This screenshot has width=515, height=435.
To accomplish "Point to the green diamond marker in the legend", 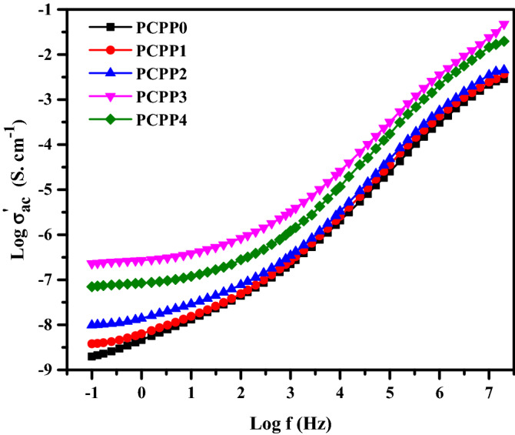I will (110, 119).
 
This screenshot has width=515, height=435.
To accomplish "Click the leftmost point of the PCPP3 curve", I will (92, 264).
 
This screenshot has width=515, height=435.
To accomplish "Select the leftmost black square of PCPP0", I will (92, 356).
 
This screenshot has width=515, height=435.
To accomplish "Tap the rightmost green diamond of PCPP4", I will (504, 42).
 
